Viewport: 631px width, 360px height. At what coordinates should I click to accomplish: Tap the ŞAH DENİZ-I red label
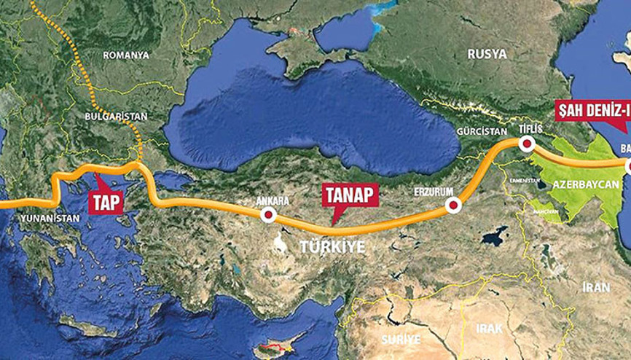(x=592, y=111)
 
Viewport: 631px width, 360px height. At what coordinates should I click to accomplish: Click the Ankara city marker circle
(x=269, y=215)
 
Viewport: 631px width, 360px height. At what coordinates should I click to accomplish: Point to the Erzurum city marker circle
(x=453, y=206)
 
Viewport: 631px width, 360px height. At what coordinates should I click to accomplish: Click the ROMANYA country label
(x=125, y=55)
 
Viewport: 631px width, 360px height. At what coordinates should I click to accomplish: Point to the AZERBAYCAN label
(x=581, y=185)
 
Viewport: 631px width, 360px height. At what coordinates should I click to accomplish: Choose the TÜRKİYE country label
(x=332, y=248)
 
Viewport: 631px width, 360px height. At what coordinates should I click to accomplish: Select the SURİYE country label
(x=401, y=339)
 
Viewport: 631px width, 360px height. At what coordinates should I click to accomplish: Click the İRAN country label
(x=597, y=287)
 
